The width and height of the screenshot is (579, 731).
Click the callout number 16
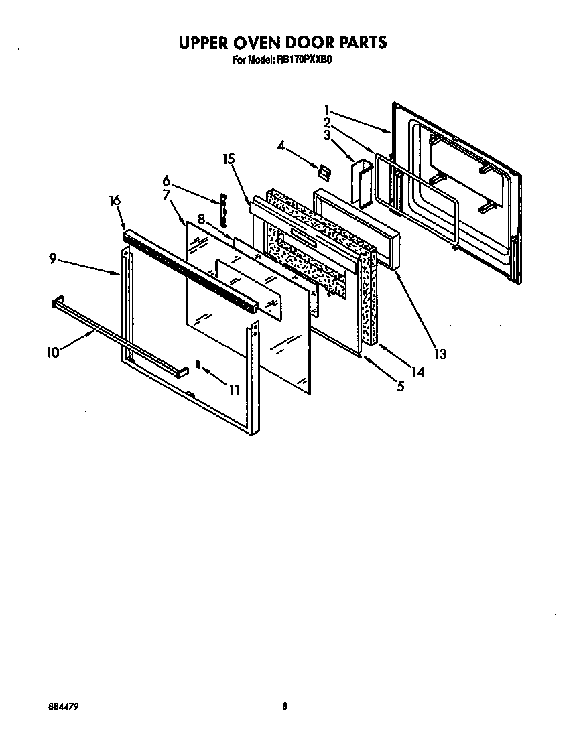click(115, 200)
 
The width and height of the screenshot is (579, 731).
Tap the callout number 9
click(53, 259)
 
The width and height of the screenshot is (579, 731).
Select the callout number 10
click(54, 351)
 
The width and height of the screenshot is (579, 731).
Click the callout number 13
click(439, 354)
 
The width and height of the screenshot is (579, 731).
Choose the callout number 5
click(400, 386)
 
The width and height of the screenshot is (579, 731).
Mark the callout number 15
click(229, 159)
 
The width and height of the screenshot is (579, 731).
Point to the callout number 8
click(201, 218)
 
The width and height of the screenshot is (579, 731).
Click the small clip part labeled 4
click(324, 172)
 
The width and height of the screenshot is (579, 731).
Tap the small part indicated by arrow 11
click(198, 363)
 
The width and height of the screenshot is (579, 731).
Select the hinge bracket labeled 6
click(222, 211)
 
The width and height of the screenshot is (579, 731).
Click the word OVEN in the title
click(270, 42)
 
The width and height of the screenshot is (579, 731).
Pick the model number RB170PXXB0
click(305, 59)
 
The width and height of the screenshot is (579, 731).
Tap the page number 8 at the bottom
click(285, 706)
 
